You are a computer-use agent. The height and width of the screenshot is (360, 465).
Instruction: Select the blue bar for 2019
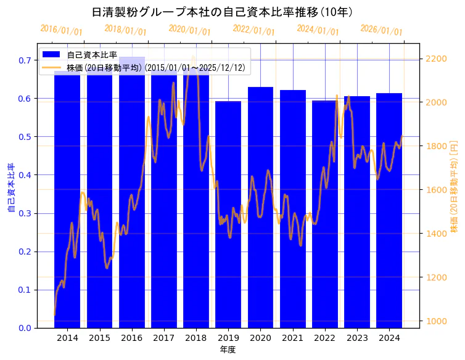pos(228,247)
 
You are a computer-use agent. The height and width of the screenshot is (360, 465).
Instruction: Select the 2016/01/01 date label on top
pos(61,30)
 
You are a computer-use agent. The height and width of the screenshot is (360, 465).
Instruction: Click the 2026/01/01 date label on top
pos(381,30)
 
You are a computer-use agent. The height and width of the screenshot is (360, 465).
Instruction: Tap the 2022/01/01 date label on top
pos(253,30)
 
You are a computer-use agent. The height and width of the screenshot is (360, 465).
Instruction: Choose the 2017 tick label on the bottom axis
pos(164,338)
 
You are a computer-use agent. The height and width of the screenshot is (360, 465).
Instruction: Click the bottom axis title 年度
pos(228,350)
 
